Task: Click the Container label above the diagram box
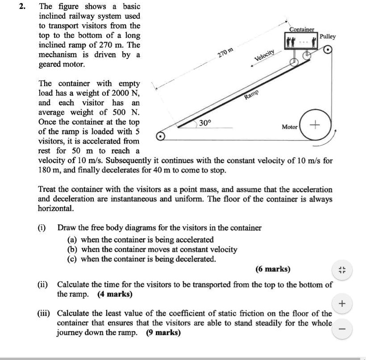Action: point(302,29)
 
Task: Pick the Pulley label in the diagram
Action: point(328,37)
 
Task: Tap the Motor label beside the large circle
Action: point(290,127)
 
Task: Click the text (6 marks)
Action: point(273,269)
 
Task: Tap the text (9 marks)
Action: point(163,333)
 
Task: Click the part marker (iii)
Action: point(44,314)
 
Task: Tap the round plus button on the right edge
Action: point(342,304)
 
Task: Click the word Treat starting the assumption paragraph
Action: point(47,189)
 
